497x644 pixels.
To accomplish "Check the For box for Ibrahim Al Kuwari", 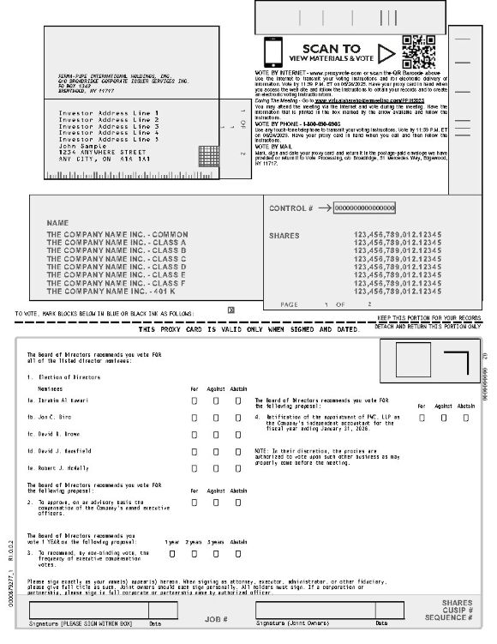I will (195, 400).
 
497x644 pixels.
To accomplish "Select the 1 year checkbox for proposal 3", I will (172, 553).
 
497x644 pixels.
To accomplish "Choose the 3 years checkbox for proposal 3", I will (215, 553).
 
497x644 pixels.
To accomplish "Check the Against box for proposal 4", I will (443, 418).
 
